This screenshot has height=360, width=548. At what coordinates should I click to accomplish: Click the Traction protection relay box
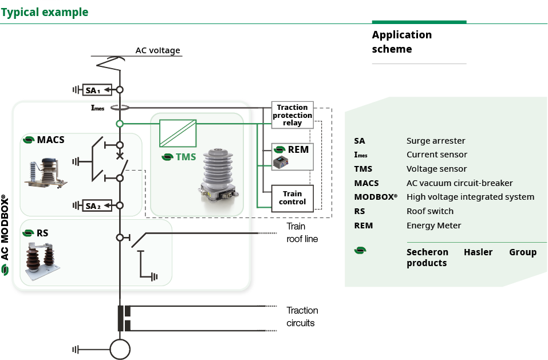tap(292, 115)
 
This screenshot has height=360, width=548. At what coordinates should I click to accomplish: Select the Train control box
tap(293, 198)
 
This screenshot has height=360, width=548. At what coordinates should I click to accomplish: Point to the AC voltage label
tap(157, 50)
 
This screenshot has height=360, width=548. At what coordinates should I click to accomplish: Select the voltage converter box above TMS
tap(178, 133)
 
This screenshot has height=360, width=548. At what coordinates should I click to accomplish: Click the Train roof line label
tap(302, 232)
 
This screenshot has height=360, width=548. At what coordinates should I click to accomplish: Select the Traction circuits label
tap(302, 317)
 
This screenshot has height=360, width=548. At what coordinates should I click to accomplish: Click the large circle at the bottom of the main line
tap(120, 349)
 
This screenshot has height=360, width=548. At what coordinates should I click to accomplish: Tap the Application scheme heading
tap(401, 42)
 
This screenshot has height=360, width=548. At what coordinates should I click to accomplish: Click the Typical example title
tap(45, 12)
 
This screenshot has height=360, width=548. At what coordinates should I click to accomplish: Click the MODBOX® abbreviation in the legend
tap(376, 197)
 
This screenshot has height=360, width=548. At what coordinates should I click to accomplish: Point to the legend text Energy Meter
tap(433, 226)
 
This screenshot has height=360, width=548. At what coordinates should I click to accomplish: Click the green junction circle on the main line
tap(120, 124)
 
